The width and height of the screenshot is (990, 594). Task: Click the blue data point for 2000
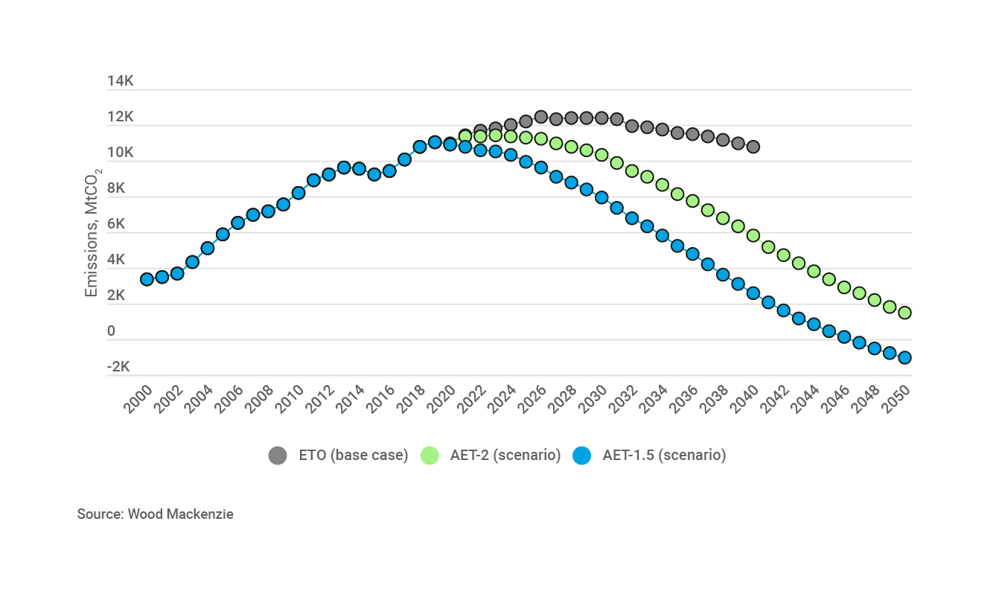(147, 279)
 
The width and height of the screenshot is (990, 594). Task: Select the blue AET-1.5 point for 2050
(904, 357)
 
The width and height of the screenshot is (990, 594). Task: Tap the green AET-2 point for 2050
(904, 313)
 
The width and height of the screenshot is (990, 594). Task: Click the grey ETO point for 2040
(753, 147)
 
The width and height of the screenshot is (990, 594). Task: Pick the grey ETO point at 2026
(541, 117)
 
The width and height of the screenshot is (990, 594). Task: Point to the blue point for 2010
(298, 193)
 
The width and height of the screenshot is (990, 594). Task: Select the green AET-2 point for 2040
(753, 235)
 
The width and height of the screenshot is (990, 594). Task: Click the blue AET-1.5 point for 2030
(601, 197)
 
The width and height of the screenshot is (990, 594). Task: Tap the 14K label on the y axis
(120, 81)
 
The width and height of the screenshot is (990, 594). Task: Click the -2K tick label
(118, 367)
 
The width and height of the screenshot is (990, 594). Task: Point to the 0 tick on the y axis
(111, 331)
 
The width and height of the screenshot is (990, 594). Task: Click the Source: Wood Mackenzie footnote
(155, 514)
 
